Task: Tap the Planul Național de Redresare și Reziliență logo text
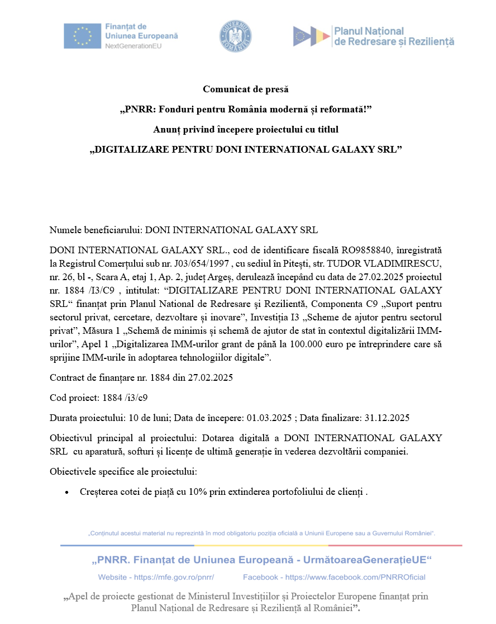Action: click(x=394, y=36)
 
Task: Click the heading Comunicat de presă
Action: click(x=246, y=89)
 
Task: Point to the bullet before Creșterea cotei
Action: click(x=68, y=493)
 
